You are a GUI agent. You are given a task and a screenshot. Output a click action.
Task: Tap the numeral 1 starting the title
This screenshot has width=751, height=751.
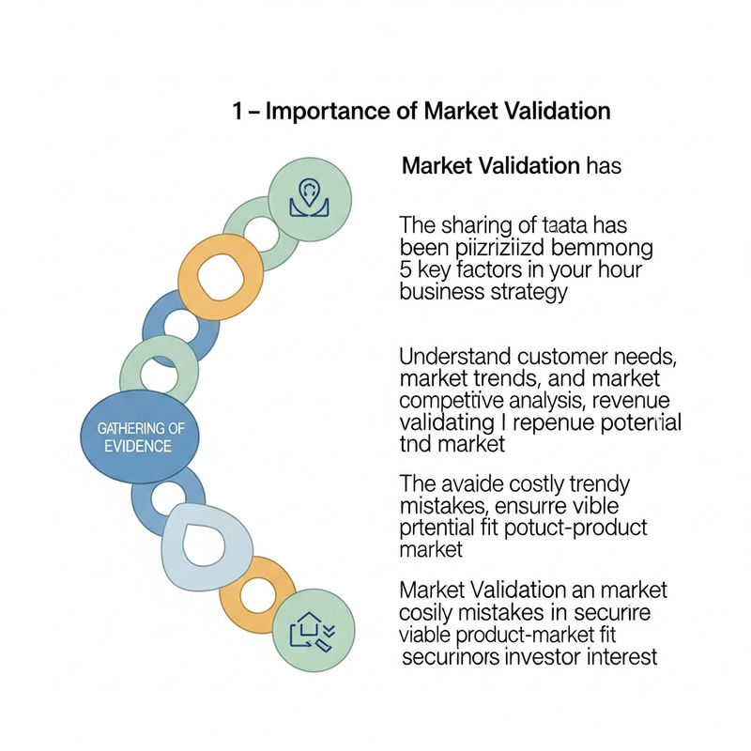238,111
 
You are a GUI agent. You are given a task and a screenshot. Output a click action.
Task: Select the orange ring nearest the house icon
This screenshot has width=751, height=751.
257,593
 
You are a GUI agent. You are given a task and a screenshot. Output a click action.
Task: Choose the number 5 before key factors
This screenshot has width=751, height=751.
406,270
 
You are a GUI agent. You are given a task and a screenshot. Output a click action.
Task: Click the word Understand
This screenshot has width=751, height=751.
455,357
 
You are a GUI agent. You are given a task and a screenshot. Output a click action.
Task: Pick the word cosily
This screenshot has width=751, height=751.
427,614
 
